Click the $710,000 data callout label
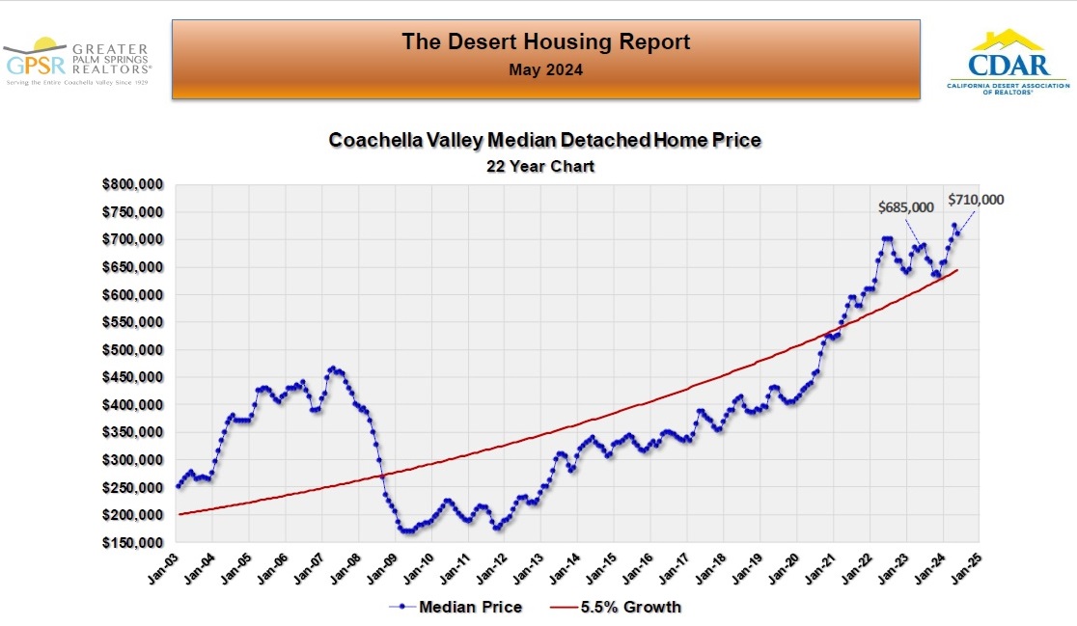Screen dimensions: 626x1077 976,200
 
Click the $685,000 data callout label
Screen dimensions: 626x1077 905,207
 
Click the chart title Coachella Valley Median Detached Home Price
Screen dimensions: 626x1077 545,140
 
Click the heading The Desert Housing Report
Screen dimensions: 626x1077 545,42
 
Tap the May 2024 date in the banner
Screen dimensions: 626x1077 545,69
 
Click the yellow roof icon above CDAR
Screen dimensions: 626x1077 1008,40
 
